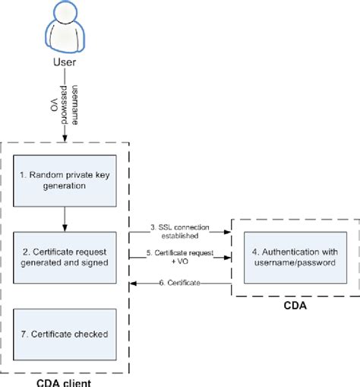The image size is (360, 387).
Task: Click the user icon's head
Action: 64,15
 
